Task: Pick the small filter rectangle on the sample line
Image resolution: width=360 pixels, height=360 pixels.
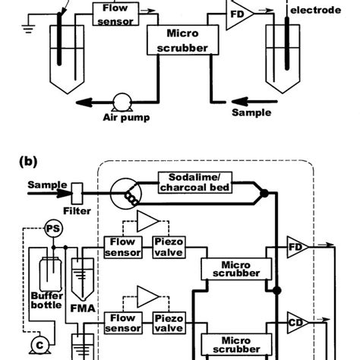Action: pyautogui.click(x=77, y=185)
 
